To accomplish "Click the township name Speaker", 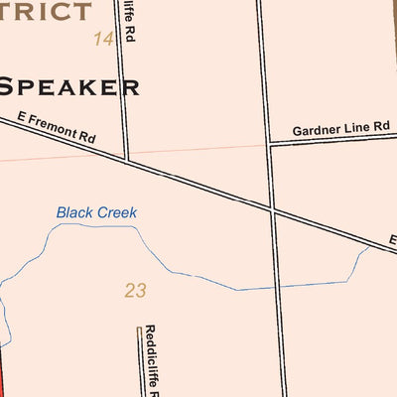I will pos(69,85).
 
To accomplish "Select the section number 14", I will pos(103,39).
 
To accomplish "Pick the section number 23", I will pos(136,291).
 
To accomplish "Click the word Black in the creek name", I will pos(75,212).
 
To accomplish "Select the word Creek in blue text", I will pos(118,212).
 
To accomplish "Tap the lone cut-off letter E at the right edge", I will pos(392,240).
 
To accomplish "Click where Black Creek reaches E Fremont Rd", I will pos(369,248).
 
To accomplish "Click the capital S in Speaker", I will pos(9,85).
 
